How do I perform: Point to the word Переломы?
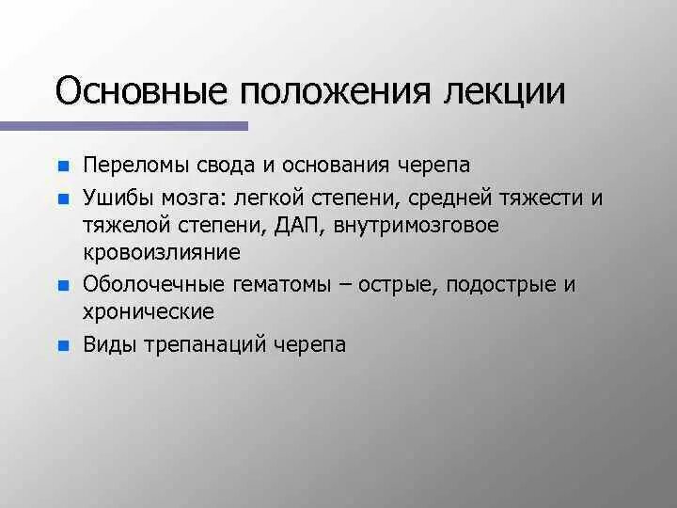pos(127,166)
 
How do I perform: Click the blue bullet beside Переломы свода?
pos(62,167)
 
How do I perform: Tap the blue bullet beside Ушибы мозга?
pos(62,198)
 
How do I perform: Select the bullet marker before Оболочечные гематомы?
pos(62,285)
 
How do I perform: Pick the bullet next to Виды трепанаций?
pos(62,345)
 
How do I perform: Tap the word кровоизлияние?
pos(161,253)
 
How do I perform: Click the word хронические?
pos(149,311)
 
